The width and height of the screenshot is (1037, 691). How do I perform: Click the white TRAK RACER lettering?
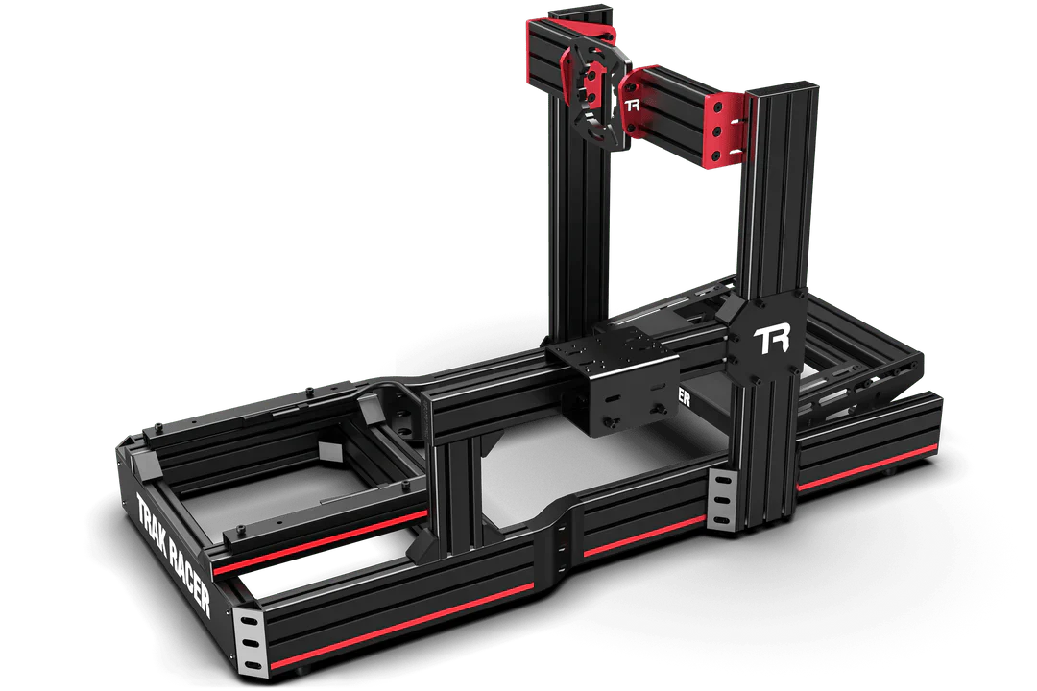click(173, 554)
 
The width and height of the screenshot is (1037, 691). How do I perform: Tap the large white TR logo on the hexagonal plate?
click(772, 341)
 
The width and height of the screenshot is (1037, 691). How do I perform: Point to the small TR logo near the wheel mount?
click(632, 105)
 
